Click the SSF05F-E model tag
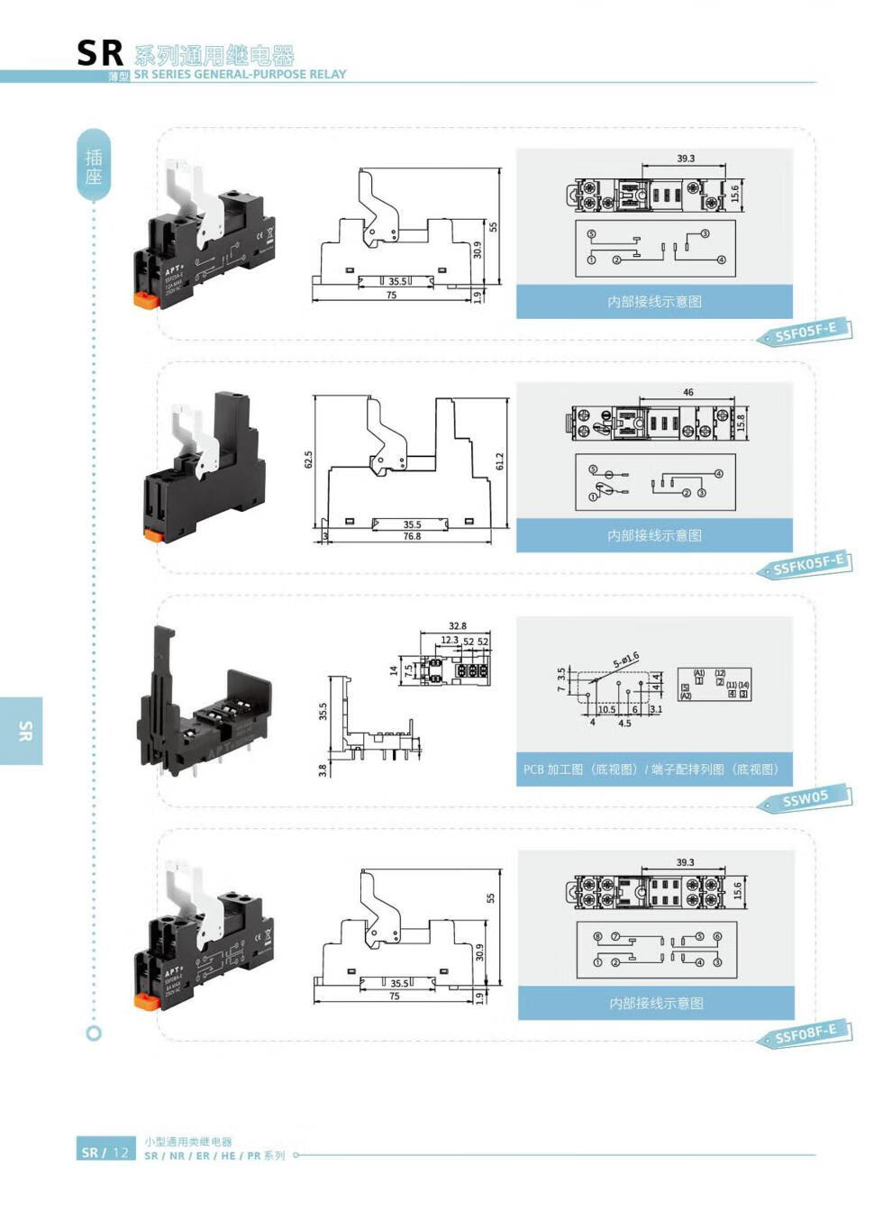point(806,332)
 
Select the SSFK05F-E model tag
point(808,565)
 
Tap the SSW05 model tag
point(805,798)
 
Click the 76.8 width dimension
point(412,536)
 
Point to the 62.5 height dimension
point(308,460)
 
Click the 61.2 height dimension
point(500,460)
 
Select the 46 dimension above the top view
point(688,392)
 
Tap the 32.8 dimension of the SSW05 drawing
point(457,626)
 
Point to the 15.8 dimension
point(741,423)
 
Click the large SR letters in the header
point(99,54)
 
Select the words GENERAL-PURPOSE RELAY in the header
point(270,75)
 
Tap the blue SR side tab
point(22,731)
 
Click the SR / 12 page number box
point(105,1152)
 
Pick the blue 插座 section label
point(94,166)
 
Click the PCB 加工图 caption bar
point(654,769)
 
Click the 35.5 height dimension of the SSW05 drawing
point(323,712)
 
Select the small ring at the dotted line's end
point(94,1033)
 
